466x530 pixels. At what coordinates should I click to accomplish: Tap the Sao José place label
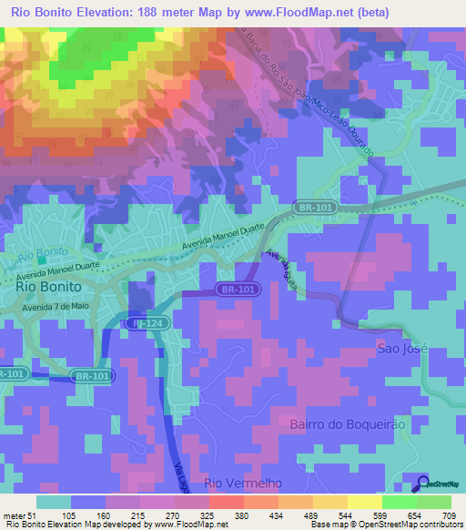pos(401,349)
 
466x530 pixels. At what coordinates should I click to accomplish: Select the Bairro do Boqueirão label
pos(345,425)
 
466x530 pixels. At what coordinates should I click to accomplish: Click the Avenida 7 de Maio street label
pos(60,307)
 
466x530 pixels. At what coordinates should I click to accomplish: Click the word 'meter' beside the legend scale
pos(13,515)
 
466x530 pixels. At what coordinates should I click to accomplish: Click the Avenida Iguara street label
pos(283,270)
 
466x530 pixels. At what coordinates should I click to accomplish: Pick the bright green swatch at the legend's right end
pos(434,502)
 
